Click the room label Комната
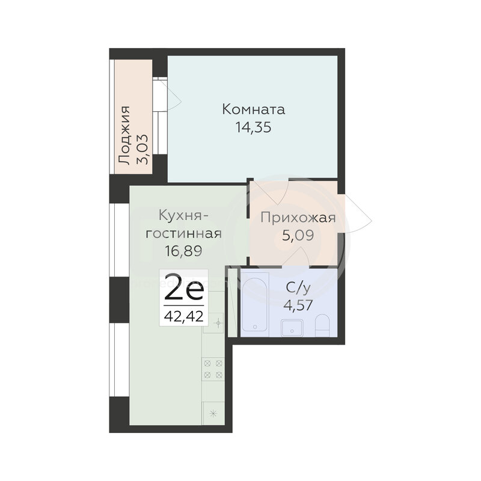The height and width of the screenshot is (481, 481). pyautogui.click(x=253, y=109)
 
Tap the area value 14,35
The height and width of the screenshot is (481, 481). pyautogui.click(x=253, y=127)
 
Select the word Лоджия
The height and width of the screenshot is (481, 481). pyautogui.click(x=124, y=136)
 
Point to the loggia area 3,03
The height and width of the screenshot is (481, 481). pyautogui.click(x=142, y=149)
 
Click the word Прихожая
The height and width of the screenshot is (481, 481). pyautogui.click(x=298, y=218)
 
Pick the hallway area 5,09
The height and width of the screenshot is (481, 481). pyautogui.click(x=298, y=236)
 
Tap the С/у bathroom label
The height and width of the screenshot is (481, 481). pyautogui.click(x=298, y=288)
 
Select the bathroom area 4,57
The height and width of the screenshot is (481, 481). pyautogui.click(x=298, y=305)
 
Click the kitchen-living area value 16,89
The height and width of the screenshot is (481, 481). pyautogui.click(x=183, y=251)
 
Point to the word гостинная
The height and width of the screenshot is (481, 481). pyautogui.click(x=183, y=234)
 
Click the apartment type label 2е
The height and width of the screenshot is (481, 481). pyautogui.click(x=184, y=290)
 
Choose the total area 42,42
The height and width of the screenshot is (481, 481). pyautogui.click(x=184, y=316)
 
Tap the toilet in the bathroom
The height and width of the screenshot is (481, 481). pyautogui.click(x=322, y=325)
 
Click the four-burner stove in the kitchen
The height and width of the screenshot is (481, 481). pyautogui.click(x=213, y=369)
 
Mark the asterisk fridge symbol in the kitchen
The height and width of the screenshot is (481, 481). pyautogui.click(x=213, y=414)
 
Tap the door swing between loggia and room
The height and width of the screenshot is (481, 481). pyautogui.click(x=174, y=97)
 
